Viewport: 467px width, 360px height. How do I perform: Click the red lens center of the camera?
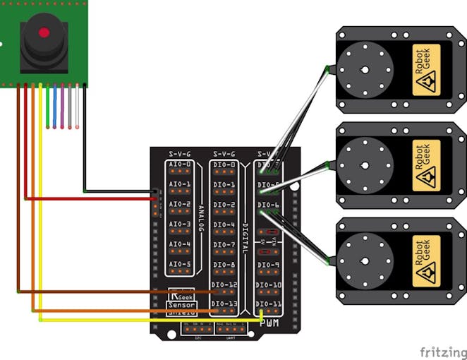[44, 32]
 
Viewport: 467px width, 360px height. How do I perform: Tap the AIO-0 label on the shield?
[180, 164]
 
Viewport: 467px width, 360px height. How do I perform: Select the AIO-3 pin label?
[180, 224]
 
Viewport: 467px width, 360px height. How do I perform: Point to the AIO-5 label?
[180, 265]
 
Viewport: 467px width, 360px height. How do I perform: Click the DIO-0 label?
[224, 165]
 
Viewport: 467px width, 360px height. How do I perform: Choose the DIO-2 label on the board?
[224, 205]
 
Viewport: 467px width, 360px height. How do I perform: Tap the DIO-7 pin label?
[224, 245]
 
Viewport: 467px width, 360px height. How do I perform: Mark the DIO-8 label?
[224, 265]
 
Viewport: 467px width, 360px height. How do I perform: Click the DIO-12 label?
[224, 284]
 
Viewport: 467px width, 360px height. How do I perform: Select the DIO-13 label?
[224, 304]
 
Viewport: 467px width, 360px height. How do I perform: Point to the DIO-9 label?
[269, 265]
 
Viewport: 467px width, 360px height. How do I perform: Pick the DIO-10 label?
[269, 284]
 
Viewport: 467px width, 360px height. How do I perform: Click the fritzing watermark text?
[443, 351]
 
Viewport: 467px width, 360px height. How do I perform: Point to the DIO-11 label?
[269, 304]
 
